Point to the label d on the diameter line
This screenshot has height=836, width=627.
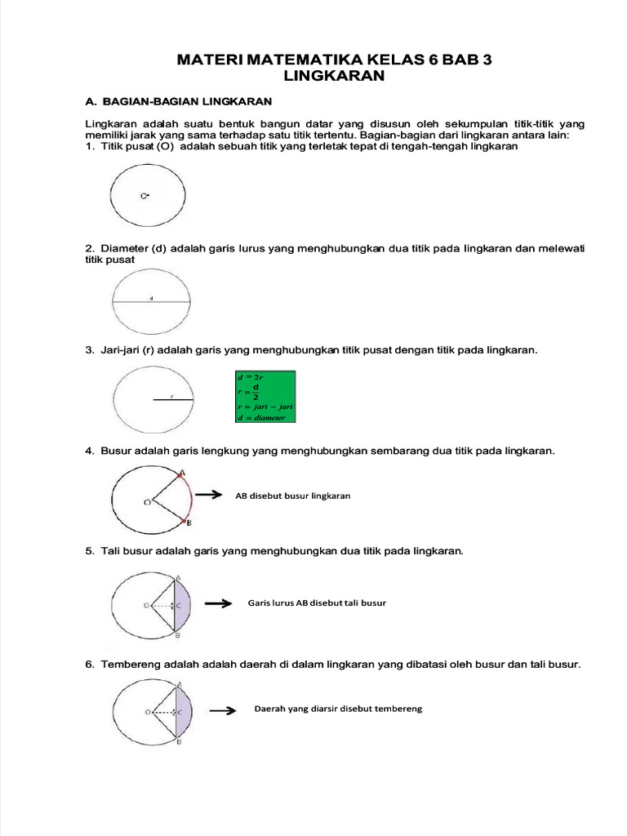tap(152, 299)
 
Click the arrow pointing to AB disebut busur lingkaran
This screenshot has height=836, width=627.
tap(209, 495)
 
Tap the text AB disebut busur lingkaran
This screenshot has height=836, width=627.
tap(292, 496)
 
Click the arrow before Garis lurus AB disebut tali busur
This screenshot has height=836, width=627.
tap(217, 604)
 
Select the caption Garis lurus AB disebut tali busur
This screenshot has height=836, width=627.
tap(316, 603)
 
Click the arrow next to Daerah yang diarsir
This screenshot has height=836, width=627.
tap(222, 711)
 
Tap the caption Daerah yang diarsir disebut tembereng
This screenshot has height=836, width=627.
tap(338, 709)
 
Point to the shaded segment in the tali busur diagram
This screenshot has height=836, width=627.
tap(184, 605)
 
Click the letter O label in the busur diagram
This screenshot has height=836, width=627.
tap(147, 503)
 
